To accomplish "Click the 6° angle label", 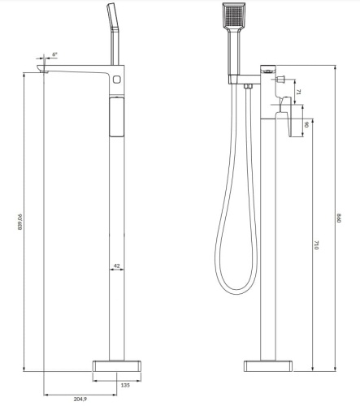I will click(x=54, y=55).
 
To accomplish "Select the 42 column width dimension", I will click(x=117, y=266).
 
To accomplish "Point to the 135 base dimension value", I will click(x=126, y=385).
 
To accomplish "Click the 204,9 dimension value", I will click(x=81, y=400).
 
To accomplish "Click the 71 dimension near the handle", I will click(x=298, y=93).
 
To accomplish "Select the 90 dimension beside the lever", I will click(x=306, y=124).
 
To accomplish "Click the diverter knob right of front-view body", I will click(x=281, y=80).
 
